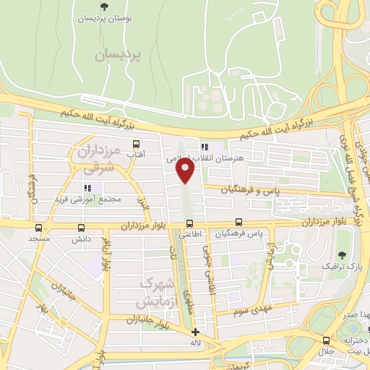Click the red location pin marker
pos(186,171)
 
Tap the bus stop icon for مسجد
pos(35,226)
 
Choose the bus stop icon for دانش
pos(80,226)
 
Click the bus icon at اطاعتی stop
pos(190,223)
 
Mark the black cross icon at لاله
pos(195,332)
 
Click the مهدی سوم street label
pos(250,311)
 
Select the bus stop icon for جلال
pos(327,340)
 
